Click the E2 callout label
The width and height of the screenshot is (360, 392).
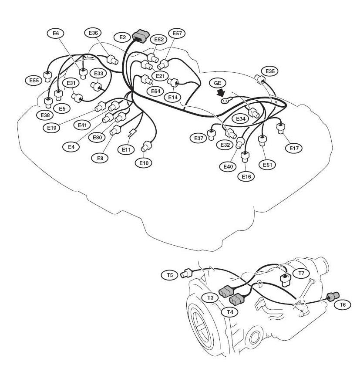122,37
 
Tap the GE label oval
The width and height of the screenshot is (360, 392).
218,83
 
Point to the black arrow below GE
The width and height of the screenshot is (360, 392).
222,92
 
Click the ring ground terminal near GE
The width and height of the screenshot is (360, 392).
225,101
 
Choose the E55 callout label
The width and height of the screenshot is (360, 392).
34,80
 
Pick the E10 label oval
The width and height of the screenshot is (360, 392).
144,163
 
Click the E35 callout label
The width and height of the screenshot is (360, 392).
270,71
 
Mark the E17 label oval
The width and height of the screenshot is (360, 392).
294,148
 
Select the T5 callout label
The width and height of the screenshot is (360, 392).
170,275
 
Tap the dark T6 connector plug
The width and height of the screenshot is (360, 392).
333,297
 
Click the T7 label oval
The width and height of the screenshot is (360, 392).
301,274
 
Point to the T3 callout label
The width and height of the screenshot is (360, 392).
210,297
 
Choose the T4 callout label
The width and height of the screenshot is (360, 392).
229,312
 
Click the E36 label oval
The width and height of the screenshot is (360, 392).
93,33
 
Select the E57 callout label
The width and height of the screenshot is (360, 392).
177,33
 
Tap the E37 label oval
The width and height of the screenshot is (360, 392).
199,138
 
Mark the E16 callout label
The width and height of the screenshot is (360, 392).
246,176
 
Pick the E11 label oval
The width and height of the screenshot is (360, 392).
126,149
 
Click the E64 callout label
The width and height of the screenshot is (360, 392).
155,91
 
